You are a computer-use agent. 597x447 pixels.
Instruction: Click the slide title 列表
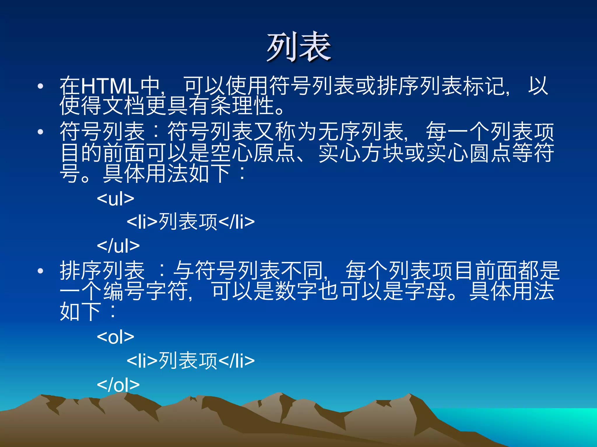(299, 47)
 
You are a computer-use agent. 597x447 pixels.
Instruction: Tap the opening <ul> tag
(115, 199)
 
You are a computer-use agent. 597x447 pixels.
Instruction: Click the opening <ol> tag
(115, 337)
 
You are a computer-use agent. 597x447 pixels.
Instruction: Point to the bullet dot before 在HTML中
(41, 86)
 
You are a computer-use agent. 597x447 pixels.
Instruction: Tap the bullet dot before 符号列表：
(41, 132)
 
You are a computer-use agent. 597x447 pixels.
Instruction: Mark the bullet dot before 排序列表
(41, 271)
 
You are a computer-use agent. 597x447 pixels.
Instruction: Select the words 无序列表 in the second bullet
(361, 132)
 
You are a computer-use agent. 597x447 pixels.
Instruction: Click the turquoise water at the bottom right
(539, 422)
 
